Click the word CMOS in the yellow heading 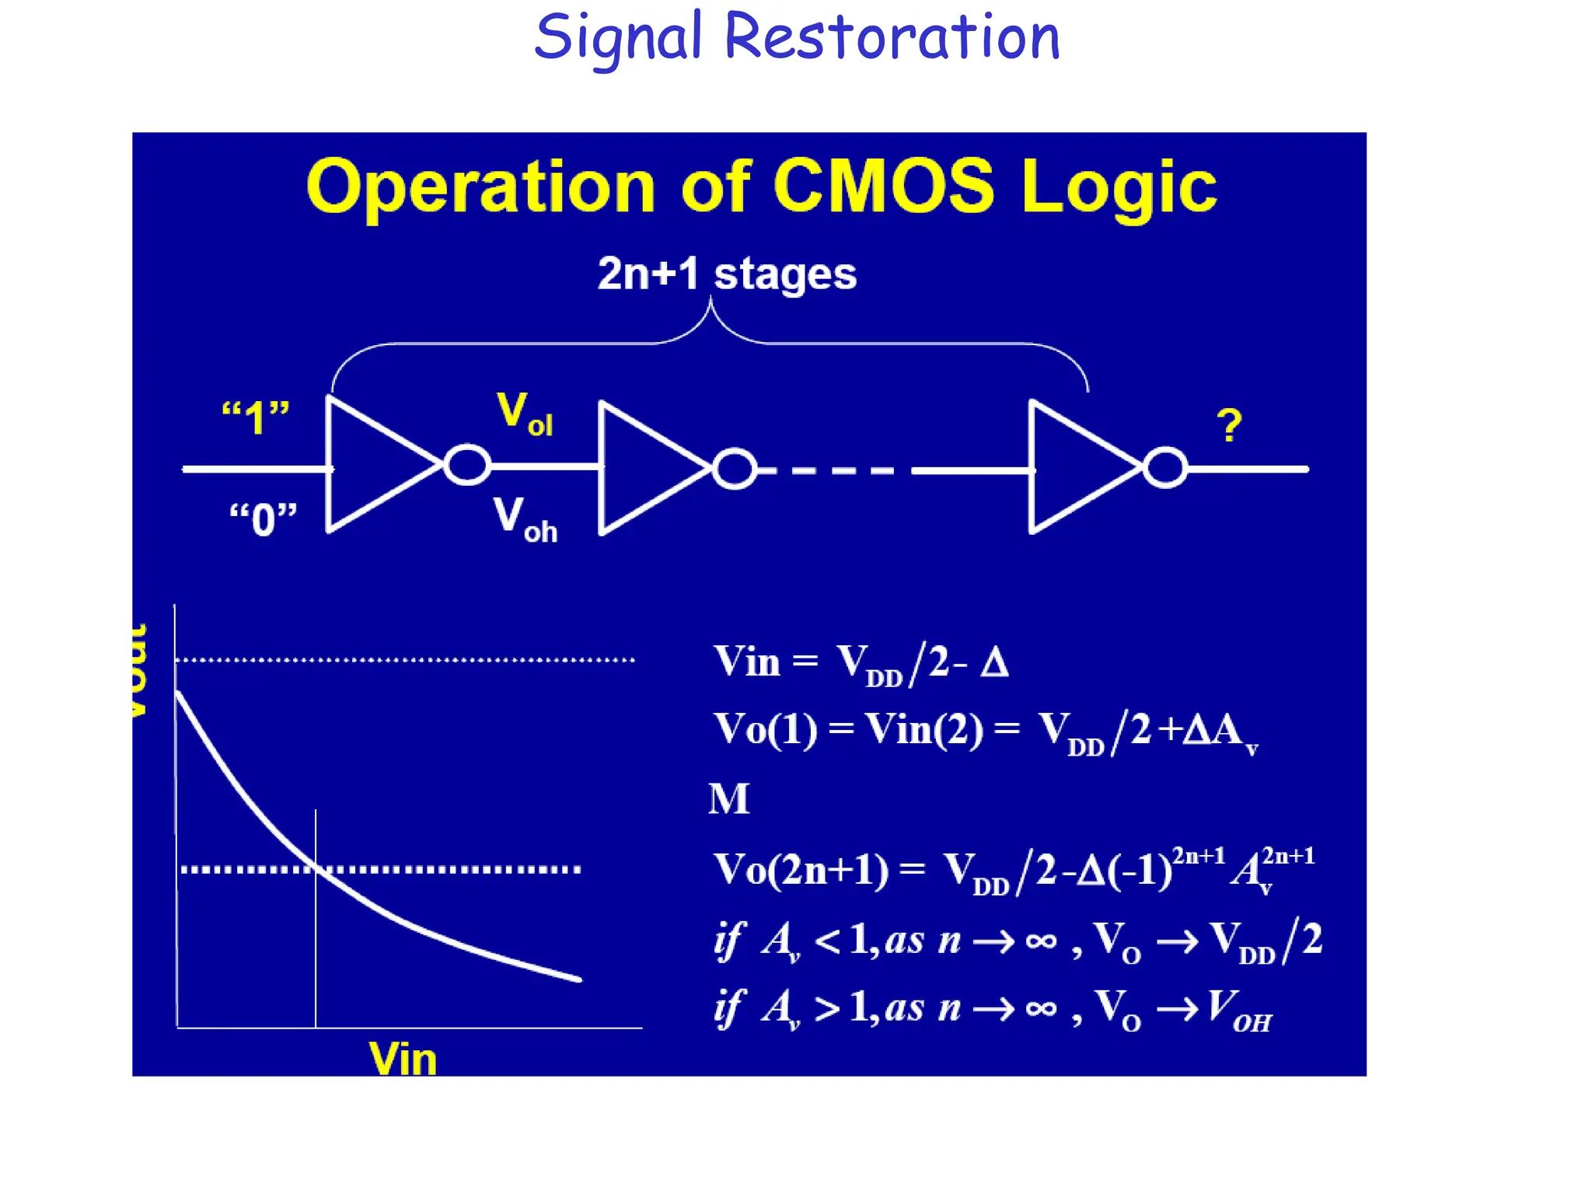(883, 187)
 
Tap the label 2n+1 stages (727, 274)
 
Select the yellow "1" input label (255, 418)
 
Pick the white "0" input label (263, 518)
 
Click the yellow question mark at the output (1228, 426)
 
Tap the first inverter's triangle (373, 466)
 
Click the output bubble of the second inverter (735, 469)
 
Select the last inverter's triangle (1077, 467)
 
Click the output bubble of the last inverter (1165, 468)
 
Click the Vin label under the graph (403, 1059)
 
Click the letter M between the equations (728, 799)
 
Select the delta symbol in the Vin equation (994, 663)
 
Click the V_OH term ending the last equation (1240, 1010)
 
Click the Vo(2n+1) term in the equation (801, 869)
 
